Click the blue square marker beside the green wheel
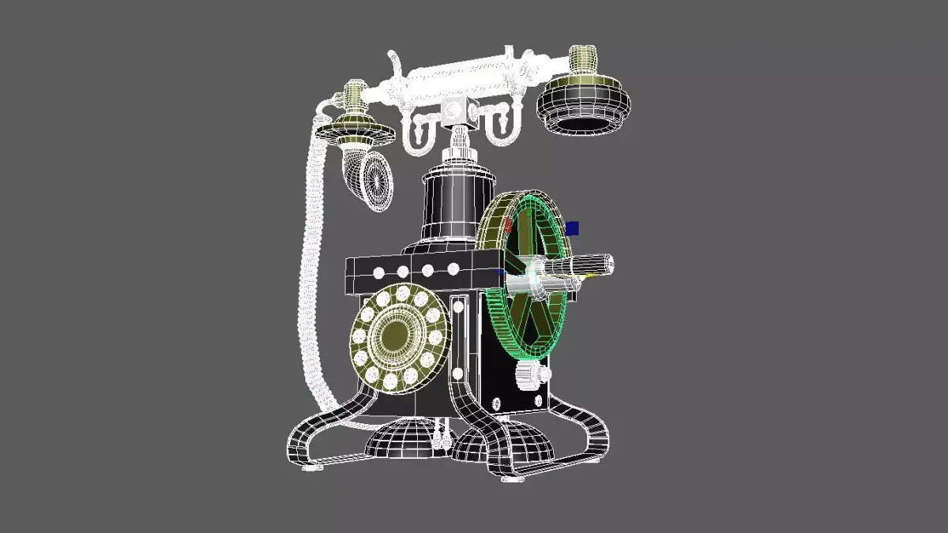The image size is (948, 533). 573,228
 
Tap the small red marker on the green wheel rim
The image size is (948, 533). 509,225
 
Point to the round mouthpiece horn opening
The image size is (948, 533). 377,181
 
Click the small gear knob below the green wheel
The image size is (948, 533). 531,376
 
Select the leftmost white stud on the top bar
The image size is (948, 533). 378,273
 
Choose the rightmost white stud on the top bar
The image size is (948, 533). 453,268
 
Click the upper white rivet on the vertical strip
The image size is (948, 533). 457,304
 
